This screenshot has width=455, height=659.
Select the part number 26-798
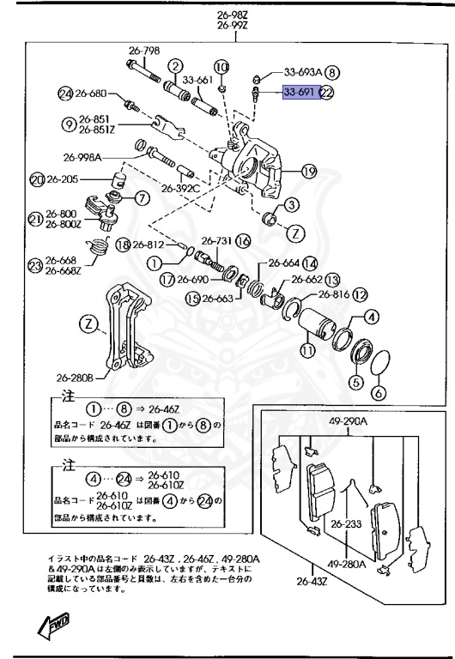click(x=144, y=51)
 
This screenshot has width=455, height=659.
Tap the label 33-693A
click(x=304, y=73)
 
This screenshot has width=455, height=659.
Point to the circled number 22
click(x=326, y=93)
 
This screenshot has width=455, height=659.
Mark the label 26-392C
click(x=181, y=188)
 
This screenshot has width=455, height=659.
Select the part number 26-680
click(x=90, y=93)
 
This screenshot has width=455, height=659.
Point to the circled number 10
click(x=221, y=66)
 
